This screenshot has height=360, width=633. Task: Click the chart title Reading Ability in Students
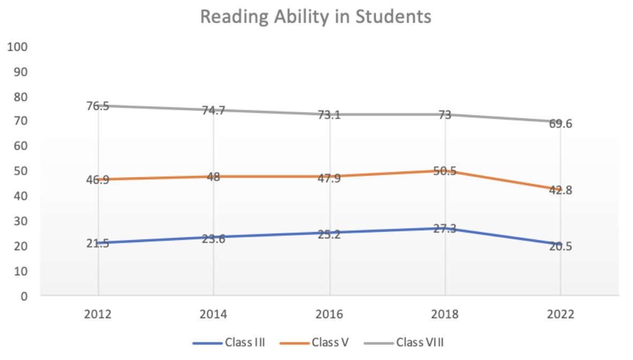tap(316, 17)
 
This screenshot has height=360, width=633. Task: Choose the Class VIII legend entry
tap(420, 342)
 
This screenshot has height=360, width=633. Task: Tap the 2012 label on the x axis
tap(97, 314)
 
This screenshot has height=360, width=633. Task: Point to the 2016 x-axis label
tap(329, 314)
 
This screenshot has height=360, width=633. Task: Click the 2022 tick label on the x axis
tap(560, 314)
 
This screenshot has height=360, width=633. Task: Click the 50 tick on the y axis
tap(21, 171)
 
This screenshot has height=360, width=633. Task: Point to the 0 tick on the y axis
tap(24, 295)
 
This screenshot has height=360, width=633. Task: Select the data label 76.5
tap(97, 106)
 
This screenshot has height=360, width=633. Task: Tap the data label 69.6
tap(560, 124)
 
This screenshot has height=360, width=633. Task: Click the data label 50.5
tap(444, 172)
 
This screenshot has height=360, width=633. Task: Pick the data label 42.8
tap(560, 190)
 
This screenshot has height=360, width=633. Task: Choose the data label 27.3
tap(444, 229)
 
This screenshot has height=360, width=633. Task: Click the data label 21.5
tap(97, 244)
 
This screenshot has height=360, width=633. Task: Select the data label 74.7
tap(213, 110)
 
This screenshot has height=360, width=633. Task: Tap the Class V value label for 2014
tap(213, 177)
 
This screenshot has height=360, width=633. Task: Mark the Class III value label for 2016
tap(329, 234)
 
